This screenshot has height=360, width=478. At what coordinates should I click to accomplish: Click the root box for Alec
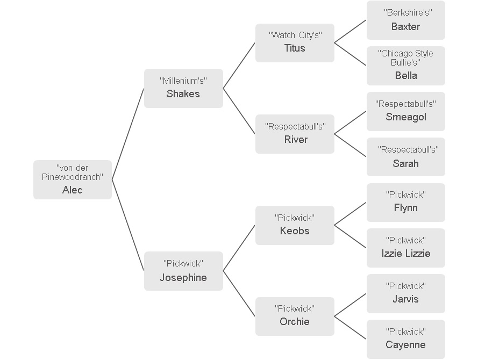pyautogui.click(x=73, y=179)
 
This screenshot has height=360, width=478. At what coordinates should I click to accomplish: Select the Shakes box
pyautogui.click(x=183, y=88)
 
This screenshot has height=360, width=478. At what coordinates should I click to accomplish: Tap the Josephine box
pyautogui.click(x=183, y=271)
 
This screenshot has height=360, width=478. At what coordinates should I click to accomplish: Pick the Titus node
pyautogui.click(x=295, y=43)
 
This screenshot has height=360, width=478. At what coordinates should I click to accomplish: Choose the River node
pyautogui.click(x=295, y=134)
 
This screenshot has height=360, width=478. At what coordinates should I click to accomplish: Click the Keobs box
pyautogui.click(x=295, y=225)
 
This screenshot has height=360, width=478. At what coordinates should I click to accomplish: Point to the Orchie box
pyautogui.click(x=295, y=316)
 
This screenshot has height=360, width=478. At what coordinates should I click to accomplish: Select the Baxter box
pyautogui.click(x=406, y=20)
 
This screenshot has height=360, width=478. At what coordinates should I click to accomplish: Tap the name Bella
pyautogui.click(x=406, y=76)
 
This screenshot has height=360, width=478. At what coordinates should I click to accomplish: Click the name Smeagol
pyautogui.click(x=406, y=117)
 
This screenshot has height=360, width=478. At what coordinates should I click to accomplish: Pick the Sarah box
pyautogui.click(x=406, y=157)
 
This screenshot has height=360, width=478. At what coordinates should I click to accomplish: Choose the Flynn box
pyautogui.click(x=406, y=203)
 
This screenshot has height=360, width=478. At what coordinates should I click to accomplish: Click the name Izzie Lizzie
pyautogui.click(x=406, y=254)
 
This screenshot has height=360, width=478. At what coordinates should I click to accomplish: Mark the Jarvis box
pyautogui.click(x=406, y=293)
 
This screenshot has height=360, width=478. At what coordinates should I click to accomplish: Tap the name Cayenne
pyautogui.click(x=405, y=345)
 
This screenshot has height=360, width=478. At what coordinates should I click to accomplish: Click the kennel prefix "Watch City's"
pyautogui.click(x=295, y=35)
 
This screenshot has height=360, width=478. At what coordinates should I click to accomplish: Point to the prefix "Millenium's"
pyautogui.click(x=183, y=81)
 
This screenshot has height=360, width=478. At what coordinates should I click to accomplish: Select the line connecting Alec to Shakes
pyautogui.click(x=128, y=134)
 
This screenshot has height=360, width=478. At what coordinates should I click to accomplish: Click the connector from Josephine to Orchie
pyautogui.click(x=239, y=293)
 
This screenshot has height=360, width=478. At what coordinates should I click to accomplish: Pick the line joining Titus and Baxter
pyautogui.click(x=351, y=32)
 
